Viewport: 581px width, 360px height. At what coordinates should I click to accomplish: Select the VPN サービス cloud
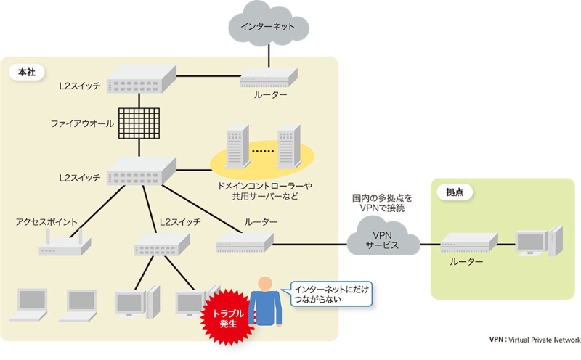(x=383, y=241)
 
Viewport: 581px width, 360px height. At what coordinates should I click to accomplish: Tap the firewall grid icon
(x=139, y=125)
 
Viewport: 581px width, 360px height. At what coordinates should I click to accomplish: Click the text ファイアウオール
(x=82, y=124)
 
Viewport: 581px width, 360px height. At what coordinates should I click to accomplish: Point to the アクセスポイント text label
(x=47, y=221)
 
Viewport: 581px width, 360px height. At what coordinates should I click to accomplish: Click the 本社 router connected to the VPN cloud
(x=243, y=245)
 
